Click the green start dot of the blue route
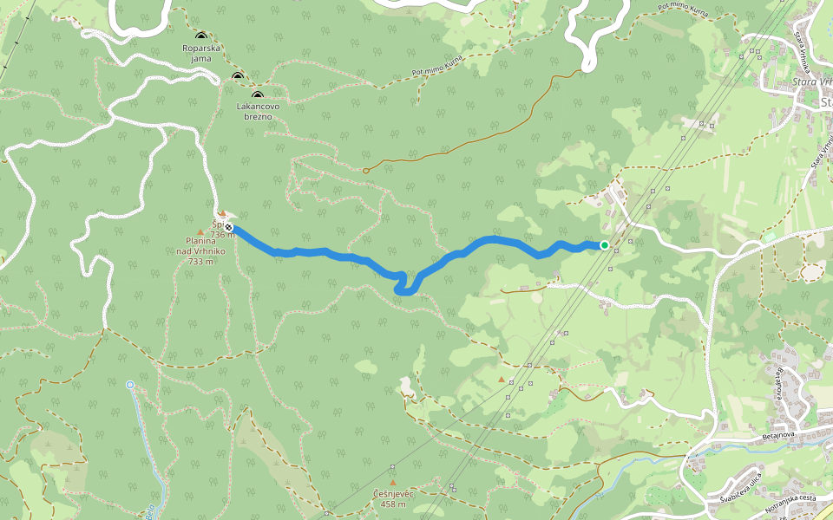pos(605,245)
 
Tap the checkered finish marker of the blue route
pos(228,226)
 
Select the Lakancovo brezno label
pos(257,111)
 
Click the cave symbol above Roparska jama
pos(200,36)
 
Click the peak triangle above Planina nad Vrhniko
pos(201,232)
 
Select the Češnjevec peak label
pos(392,493)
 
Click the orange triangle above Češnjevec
pos(392,482)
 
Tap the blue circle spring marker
pos(130,384)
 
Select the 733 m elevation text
pos(200,261)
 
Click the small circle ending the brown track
pos(365,171)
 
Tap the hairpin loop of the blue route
pos(404,288)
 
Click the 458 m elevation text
pos(392,504)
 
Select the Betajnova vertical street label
pos(778,381)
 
